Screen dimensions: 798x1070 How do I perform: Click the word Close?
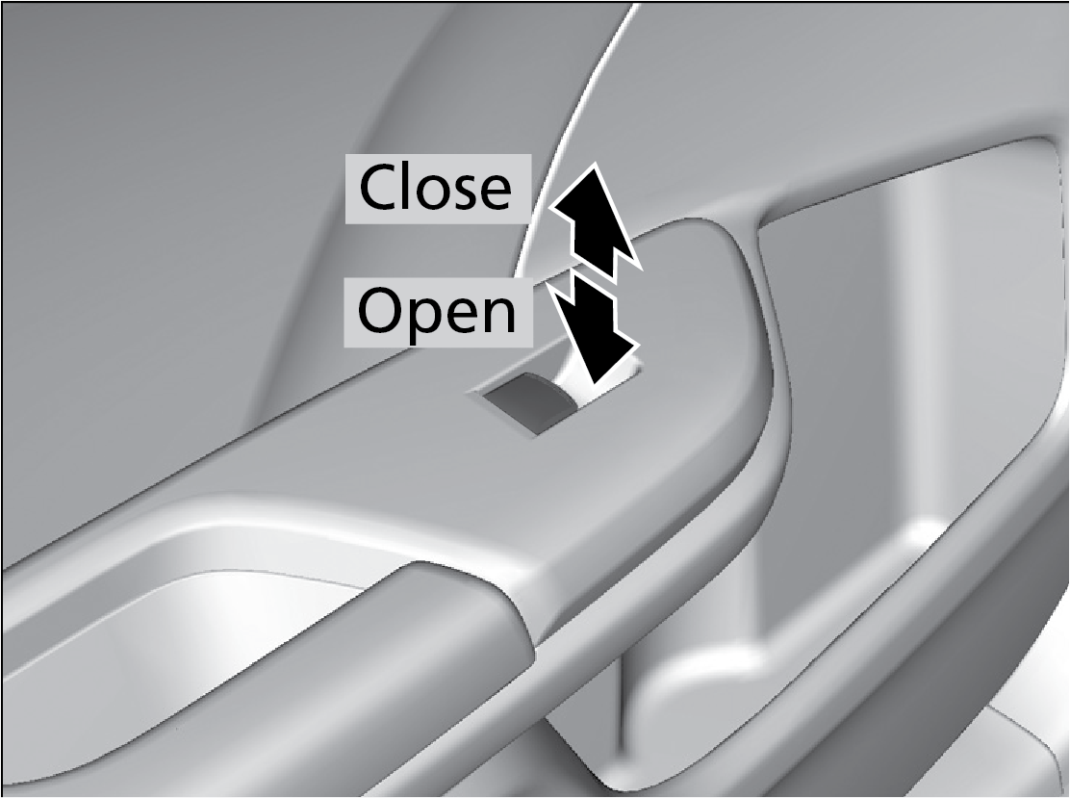[435, 188]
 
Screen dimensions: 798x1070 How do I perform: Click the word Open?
[437, 311]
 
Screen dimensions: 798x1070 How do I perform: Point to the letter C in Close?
[379, 188]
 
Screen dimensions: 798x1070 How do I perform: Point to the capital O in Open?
[379, 310]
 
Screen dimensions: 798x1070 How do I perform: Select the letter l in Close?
[408, 186]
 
